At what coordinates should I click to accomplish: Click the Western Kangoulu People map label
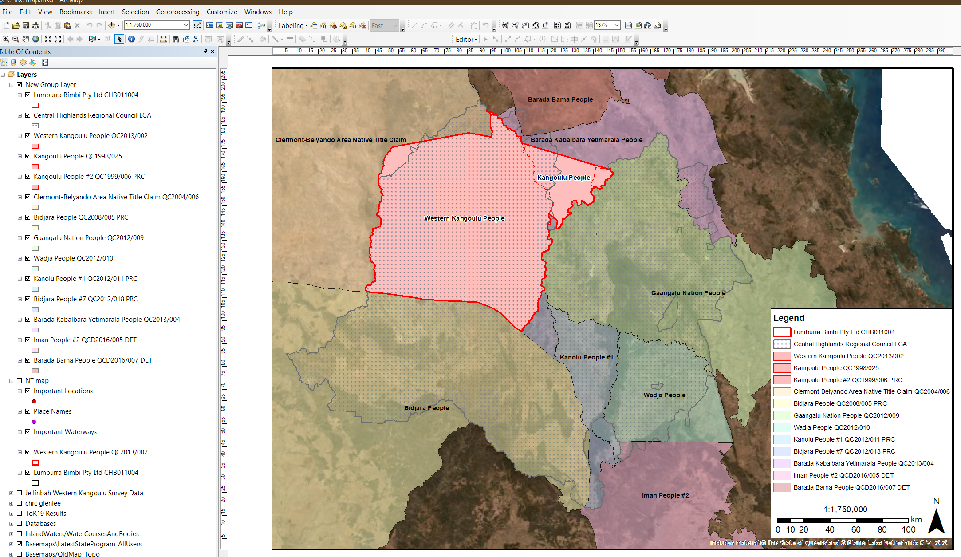464,218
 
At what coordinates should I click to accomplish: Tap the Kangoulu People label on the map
563,178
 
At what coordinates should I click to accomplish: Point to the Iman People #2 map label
665,495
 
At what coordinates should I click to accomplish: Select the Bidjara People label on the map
426,408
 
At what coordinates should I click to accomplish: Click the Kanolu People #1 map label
586,357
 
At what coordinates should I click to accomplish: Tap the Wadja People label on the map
664,395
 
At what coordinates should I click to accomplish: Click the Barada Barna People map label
560,99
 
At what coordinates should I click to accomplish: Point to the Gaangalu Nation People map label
688,293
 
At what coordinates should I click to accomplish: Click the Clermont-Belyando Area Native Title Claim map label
340,140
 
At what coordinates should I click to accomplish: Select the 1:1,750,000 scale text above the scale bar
845,510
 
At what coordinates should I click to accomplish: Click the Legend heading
788,318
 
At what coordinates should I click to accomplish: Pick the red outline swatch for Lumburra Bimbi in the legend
782,332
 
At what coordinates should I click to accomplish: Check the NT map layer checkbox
20,381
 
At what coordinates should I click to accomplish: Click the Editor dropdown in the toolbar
466,40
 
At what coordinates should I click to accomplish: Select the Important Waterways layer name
65,432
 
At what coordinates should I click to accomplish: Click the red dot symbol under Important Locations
34,401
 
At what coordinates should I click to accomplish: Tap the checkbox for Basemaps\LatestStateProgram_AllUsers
20,544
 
